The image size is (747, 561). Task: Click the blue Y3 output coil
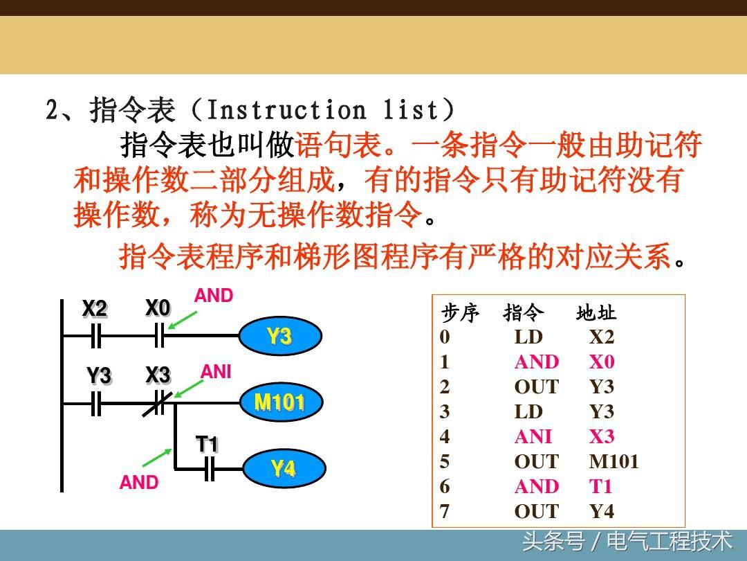[x=279, y=337]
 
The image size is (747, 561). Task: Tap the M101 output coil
[x=279, y=402]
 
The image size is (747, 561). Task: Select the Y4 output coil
[x=283, y=469]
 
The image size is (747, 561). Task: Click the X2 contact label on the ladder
[x=95, y=309]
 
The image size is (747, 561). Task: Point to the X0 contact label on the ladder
[x=158, y=308]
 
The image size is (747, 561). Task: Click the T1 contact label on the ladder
[x=207, y=444]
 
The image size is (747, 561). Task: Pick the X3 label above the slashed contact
[x=158, y=375]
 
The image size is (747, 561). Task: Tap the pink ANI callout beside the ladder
[x=216, y=372]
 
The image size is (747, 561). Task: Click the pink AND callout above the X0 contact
[x=214, y=296]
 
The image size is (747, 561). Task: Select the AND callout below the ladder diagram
[x=139, y=483]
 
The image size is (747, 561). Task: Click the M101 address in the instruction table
[x=614, y=461]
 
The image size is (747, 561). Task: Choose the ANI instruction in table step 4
[x=533, y=436]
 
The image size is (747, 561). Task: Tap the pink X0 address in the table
[x=602, y=362]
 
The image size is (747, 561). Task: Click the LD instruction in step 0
[x=528, y=337]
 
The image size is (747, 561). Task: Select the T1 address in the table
[x=601, y=486]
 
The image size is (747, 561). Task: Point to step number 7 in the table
[x=445, y=511]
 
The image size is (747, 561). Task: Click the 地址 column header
[x=596, y=314]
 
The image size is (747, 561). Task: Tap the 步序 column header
[x=460, y=314]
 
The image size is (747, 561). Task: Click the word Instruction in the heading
[x=286, y=110]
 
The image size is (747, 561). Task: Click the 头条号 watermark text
[x=553, y=541]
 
